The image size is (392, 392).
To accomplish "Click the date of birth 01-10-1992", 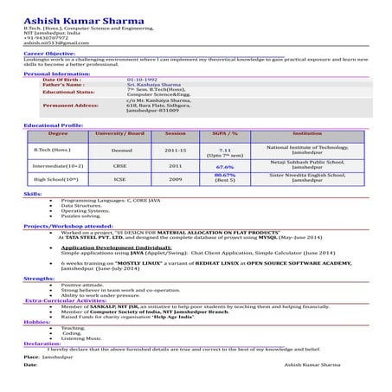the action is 142,80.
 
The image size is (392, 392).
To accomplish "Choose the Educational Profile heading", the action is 54,126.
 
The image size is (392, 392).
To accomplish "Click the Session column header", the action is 175,134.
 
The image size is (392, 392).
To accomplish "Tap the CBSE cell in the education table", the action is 119,165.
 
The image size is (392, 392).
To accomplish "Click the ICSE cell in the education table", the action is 119,179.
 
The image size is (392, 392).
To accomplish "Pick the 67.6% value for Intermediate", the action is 225,166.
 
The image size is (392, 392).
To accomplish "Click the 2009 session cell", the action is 175,179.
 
